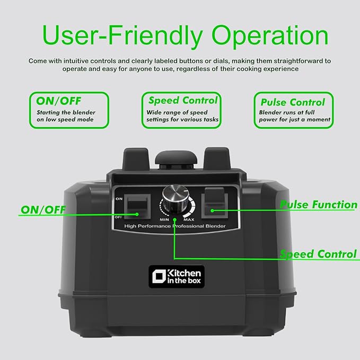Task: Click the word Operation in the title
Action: (x=270, y=36)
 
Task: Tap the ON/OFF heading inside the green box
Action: (x=59, y=101)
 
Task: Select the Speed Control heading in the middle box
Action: (x=183, y=100)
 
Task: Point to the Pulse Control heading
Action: (x=293, y=102)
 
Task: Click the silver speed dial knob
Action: (x=175, y=198)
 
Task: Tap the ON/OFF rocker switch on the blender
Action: (x=137, y=206)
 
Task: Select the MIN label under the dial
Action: (x=164, y=219)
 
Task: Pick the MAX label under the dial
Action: (x=189, y=219)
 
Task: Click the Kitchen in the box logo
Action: (x=177, y=276)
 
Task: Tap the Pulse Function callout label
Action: (x=319, y=205)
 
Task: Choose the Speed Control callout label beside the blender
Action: (x=318, y=254)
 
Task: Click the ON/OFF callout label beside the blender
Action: (x=43, y=209)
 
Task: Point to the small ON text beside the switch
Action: (x=119, y=199)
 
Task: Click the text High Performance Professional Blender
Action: (x=175, y=226)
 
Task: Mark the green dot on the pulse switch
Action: (x=213, y=210)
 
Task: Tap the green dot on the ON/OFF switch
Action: (x=137, y=214)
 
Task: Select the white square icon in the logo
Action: (x=159, y=276)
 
